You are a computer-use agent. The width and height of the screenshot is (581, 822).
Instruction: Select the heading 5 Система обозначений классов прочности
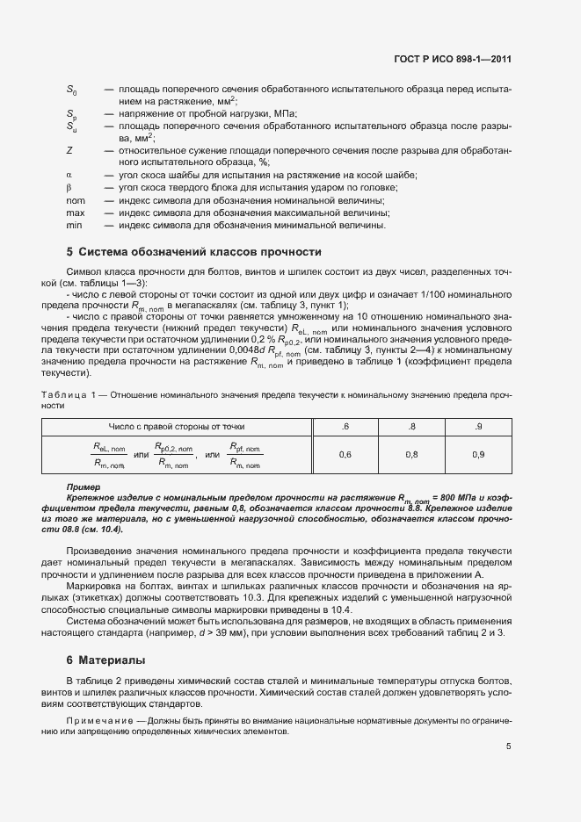(x=188, y=252)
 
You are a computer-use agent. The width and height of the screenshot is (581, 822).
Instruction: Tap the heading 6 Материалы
(x=105, y=660)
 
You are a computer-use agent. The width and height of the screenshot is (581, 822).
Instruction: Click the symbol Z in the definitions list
(x=69, y=150)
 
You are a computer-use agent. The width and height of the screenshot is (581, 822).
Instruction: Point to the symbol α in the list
(x=69, y=175)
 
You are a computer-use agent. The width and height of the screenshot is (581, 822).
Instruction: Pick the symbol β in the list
(x=69, y=187)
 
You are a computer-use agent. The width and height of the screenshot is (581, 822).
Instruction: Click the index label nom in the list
(x=76, y=200)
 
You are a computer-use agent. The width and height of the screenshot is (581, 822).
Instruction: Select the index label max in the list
(x=76, y=213)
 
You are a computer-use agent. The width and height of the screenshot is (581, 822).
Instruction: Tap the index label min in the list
(x=75, y=225)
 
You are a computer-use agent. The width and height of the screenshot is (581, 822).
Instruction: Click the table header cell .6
(x=345, y=426)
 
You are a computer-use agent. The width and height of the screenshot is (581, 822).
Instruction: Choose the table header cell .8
(x=410, y=426)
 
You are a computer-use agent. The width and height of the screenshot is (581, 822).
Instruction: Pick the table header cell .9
(x=477, y=426)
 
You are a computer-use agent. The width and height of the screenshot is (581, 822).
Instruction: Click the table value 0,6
(x=345, y=454)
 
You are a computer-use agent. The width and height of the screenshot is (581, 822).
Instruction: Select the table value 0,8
(x=410, y=454)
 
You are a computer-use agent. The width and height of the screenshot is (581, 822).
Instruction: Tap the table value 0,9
(x=477, y=454)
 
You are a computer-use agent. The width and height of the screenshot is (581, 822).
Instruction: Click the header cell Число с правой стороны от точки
(x=177, y=426)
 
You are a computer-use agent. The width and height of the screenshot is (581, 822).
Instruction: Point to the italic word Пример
(x=84, y=486)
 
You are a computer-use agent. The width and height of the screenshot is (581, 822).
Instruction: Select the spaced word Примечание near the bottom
(x=98, y=720)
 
